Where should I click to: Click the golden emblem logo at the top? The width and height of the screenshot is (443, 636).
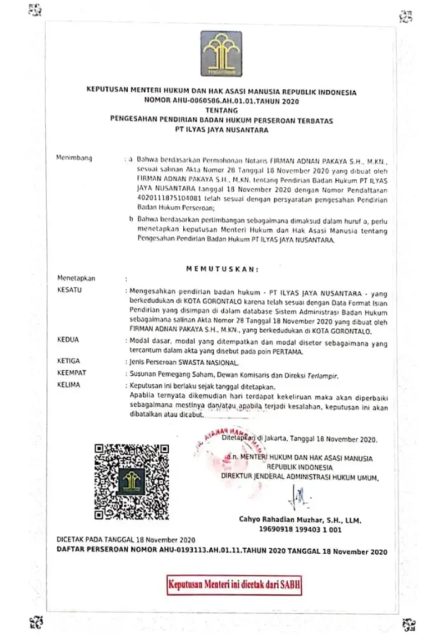221,53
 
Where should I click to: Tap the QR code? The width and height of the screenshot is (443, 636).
132,481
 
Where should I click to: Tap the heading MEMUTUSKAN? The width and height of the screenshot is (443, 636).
222,269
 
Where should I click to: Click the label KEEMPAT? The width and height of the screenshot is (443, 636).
72,373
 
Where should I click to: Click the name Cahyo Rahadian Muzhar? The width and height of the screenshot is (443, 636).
300,519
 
